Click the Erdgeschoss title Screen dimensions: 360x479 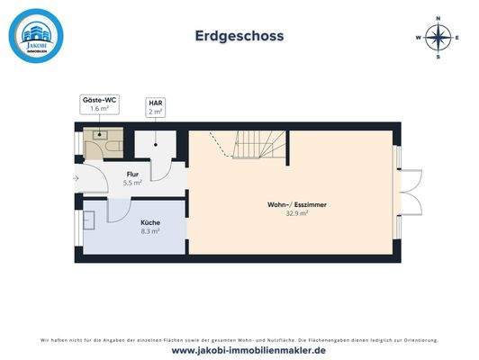239,36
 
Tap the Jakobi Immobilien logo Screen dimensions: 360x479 36,36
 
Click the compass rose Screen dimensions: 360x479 438,37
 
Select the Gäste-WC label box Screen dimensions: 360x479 100,104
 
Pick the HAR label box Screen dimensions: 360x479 155,107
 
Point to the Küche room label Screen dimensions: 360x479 150,221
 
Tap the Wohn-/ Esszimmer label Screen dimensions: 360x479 297,204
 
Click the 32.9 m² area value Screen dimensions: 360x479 297,213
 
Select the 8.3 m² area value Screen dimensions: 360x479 150,230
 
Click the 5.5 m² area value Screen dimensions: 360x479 132,183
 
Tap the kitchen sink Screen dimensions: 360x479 89,219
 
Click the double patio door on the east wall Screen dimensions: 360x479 407,191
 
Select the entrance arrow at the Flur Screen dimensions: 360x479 77,178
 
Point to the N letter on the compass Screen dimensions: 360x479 438,17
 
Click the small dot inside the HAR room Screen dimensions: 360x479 156,143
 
